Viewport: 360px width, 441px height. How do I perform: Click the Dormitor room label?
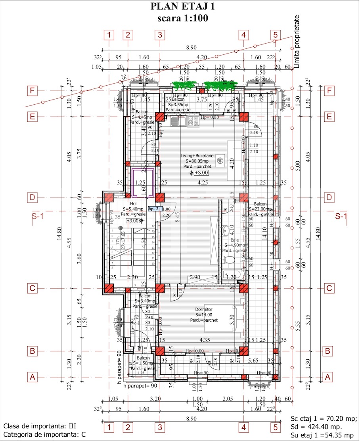(204, 309)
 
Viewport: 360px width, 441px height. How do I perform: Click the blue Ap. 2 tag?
(153, 209)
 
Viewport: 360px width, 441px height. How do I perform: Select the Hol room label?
(132, 204)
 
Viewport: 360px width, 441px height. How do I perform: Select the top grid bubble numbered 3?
(159, 35)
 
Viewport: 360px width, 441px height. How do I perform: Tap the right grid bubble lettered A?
(328, 377)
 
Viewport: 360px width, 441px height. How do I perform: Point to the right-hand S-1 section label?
(341, 217)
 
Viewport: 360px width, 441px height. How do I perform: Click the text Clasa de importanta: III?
(40, 426)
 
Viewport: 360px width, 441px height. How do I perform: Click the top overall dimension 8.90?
(191, 48)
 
